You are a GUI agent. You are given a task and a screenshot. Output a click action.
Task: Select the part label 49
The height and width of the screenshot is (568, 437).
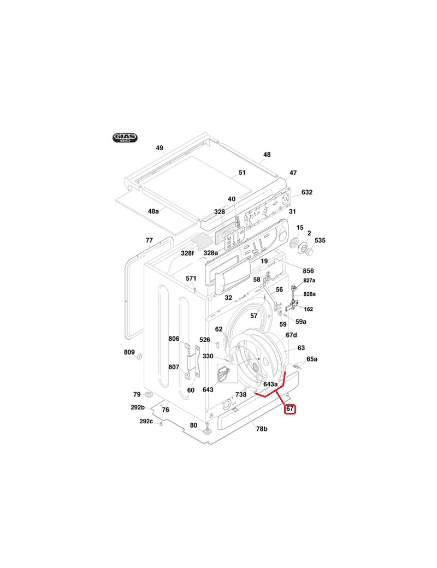click(x=160, y=148)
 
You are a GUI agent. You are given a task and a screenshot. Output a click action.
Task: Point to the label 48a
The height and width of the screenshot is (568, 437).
click(x=153, y=211)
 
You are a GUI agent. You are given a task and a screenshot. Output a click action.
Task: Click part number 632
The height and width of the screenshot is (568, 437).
click(x=307, y=192)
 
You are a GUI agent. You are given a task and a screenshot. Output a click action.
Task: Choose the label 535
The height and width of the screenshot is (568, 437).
click(x=320, y=240)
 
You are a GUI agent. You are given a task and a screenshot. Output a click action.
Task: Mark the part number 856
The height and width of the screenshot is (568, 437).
click(x=308, y=271)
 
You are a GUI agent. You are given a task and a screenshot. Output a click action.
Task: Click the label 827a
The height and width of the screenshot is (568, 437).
click(x=310, y=280)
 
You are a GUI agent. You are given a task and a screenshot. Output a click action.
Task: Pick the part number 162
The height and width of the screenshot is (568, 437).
click(x=309, y=309)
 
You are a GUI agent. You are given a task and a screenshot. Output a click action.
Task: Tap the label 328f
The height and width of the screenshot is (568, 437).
click(x=187, y=253)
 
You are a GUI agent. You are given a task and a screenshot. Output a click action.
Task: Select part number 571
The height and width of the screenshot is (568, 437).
click(x=191, y=279)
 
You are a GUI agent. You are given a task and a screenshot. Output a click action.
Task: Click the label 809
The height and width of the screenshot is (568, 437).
click(x=129, y=352)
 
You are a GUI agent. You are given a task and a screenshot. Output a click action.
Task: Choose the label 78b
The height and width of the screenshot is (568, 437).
click(x=262, y=429)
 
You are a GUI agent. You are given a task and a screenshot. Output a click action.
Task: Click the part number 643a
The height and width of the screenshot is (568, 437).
click(x=270, y=384)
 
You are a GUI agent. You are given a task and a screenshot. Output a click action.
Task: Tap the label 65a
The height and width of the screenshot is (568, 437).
click(x=312, y=359)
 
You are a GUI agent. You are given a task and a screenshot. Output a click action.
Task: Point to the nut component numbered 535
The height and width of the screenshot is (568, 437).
click(x=309, y=252)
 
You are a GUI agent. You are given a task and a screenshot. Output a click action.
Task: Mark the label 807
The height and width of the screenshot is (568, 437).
click(x=174, y=367)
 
